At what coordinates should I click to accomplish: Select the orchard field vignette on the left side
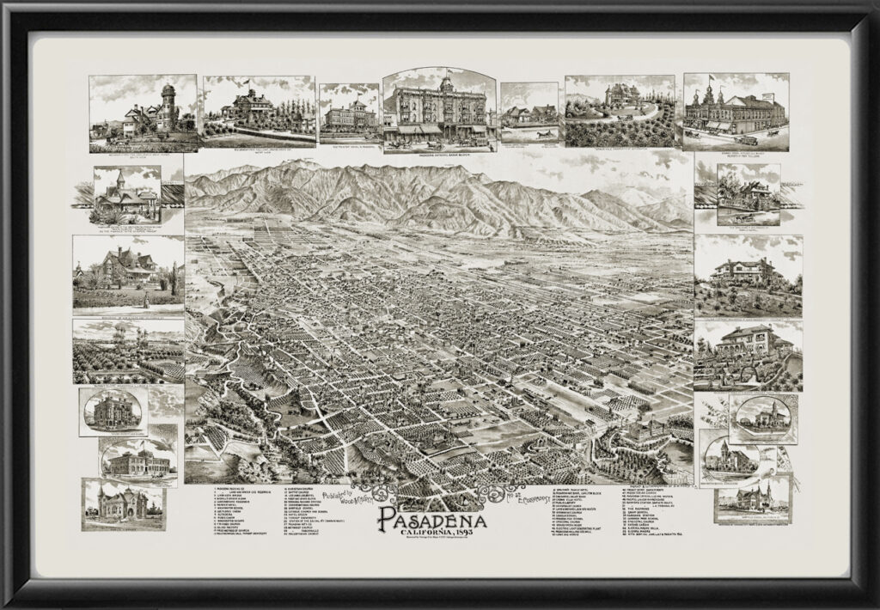pyautogui.click(x=127, y=351)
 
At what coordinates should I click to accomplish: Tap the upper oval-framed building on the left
pyautogui.click(x=113, y=412)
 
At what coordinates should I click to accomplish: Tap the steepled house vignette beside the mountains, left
pyautogui.click(x=127, y=196)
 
